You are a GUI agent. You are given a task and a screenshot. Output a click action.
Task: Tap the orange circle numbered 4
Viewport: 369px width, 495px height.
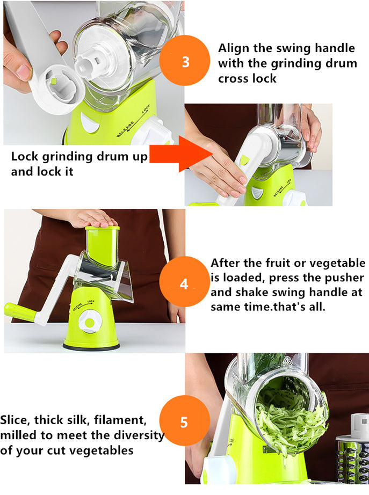tap(184, 283)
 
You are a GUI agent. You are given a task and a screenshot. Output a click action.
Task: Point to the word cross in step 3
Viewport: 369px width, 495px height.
tap(233, 78)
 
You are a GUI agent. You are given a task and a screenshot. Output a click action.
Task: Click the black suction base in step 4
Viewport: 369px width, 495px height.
tap(91, 346)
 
